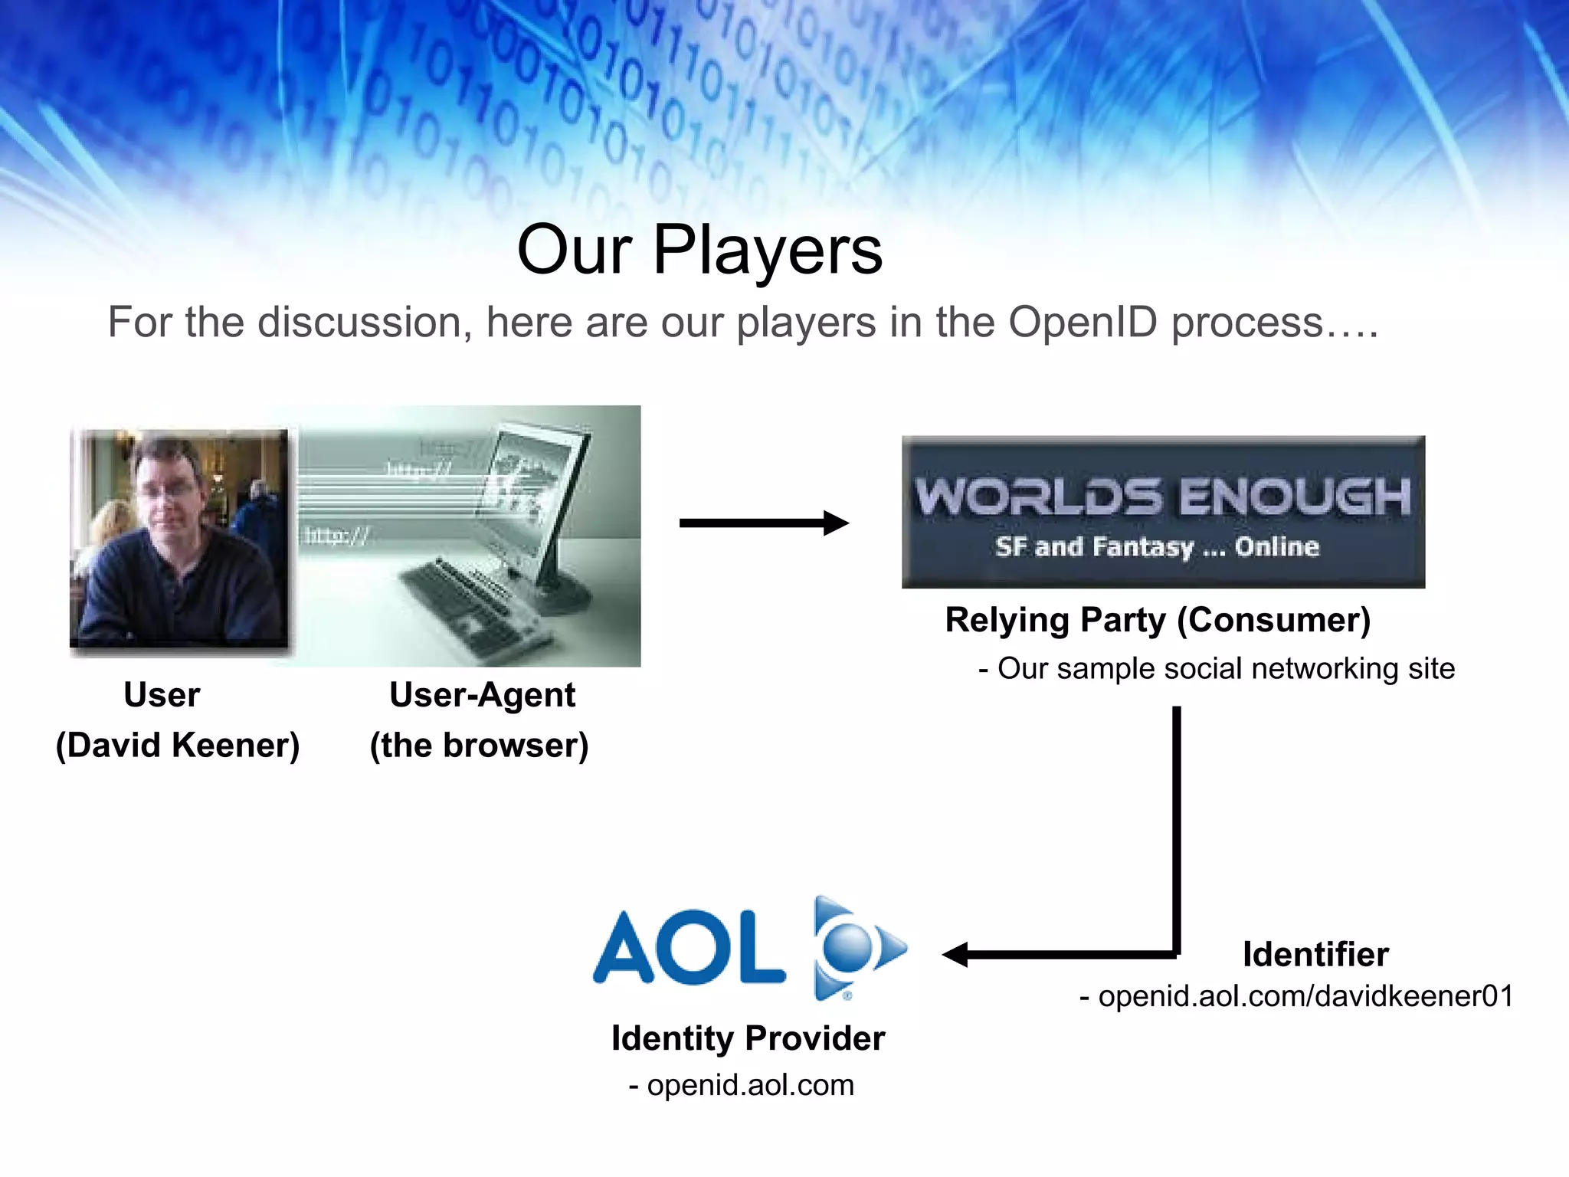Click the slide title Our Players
pyautogui.click(x=699, y=250)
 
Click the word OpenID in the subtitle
pyautogui.click(x=1082, y=322)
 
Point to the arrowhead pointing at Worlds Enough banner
pyautogui.click(x=837, y=523)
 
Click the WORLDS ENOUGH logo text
pyautogui.click(x=1162, y=496)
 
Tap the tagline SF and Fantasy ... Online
pyautogui.click(x=1157, y=547)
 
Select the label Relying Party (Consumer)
pyautogui.click(x=1157, y=620)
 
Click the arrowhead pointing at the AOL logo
pyautogui.click(x=956, y=955)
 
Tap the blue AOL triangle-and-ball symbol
pyautogui.click(x=854, y=949)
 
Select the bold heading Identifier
pyautogui.click(x=1315, y=955)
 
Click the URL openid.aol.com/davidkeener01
pyautogui.click(x=1305, y=996)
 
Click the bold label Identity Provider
pyautogui.click(x=748, y=1039)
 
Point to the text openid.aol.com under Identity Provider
pyautogui.click(x=749, y=1085)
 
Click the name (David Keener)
pyautogui.click(x=178, y=746)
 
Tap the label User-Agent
pyautogui.click(x=482, y=695)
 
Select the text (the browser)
pyautogui.click(x=479, y=746)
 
